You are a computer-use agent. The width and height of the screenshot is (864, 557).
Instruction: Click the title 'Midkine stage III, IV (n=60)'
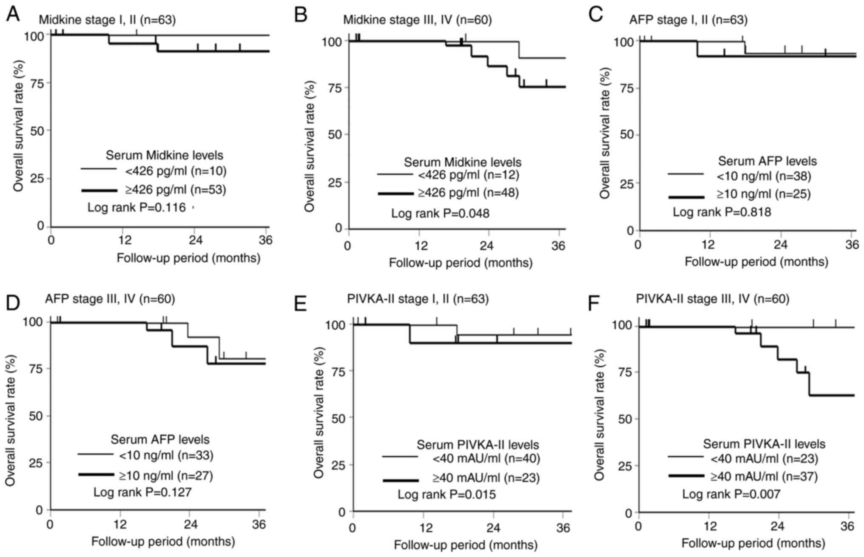point(418,20)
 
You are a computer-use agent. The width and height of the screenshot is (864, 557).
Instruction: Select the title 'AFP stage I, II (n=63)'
point(688,20)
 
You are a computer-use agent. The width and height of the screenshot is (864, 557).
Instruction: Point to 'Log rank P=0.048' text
point(440,213)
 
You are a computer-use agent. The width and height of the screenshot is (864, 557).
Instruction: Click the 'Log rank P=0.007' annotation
point(731,494)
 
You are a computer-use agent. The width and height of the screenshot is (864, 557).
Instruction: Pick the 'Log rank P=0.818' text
point(722,212)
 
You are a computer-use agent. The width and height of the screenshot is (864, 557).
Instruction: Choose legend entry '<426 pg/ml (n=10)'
point(176,171)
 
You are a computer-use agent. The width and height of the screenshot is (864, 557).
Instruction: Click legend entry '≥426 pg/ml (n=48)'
point(468,193)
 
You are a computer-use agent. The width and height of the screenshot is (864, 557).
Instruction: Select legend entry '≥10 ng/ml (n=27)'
point(166,475)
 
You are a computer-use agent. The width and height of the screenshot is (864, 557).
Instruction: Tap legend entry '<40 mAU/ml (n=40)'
point(486,459)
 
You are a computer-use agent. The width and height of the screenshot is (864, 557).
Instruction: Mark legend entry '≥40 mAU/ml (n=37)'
point(764,476)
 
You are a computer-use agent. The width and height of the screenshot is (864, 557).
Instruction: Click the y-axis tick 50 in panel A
point(37,131)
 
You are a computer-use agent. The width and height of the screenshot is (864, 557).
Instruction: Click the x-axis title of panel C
point(756,261)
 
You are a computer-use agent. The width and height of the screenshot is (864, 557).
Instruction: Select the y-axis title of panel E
point(320,418)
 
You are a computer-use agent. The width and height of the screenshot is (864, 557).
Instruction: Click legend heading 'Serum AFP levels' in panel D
point(160,439)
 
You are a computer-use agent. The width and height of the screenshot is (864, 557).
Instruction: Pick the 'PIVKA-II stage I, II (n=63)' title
point(418,299)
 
